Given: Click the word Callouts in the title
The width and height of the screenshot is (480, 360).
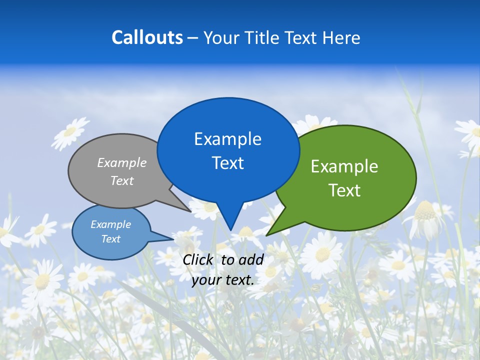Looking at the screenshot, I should pyautogui.click(x=147, y=38).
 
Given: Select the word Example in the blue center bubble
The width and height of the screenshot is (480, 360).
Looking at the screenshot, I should pyautogui.click(x=227, y=139).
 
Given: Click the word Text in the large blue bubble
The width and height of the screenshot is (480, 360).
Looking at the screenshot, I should pyautogui.click(x=227, y=163).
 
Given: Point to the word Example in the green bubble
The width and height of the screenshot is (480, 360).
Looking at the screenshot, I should pyautogui.click(x=344, y=166).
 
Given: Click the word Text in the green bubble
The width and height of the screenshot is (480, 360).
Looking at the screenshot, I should pyautogui.click(x=344, y=190).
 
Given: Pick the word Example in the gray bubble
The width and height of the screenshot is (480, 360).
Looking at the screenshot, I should pyautogui.click(x=122, y=163).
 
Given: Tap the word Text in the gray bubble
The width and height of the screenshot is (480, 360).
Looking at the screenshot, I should pyautogui.click(x=122, y=181).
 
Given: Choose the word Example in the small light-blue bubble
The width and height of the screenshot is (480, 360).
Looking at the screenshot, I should pyautogui.click(x=110, y=224).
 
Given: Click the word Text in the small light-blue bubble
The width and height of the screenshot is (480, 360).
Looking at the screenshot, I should pyautogui.click(x=110, y=239).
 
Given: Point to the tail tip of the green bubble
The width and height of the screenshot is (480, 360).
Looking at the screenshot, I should pyautogui.click(x=267, y=235).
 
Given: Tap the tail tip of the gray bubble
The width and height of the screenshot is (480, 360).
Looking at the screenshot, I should pyautogui.click(x=191, y=211).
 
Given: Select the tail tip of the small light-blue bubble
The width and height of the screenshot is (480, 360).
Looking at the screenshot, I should pyautogui.click(x=173, y=238).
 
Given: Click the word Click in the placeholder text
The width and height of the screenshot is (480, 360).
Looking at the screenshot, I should pyautogui.click(x=199, y=259).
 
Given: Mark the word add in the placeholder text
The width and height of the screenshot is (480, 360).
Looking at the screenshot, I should pyautogui.click(x=251, y=259).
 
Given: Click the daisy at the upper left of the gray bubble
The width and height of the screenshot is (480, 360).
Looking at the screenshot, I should pyautogui.click(x=70, y=132).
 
